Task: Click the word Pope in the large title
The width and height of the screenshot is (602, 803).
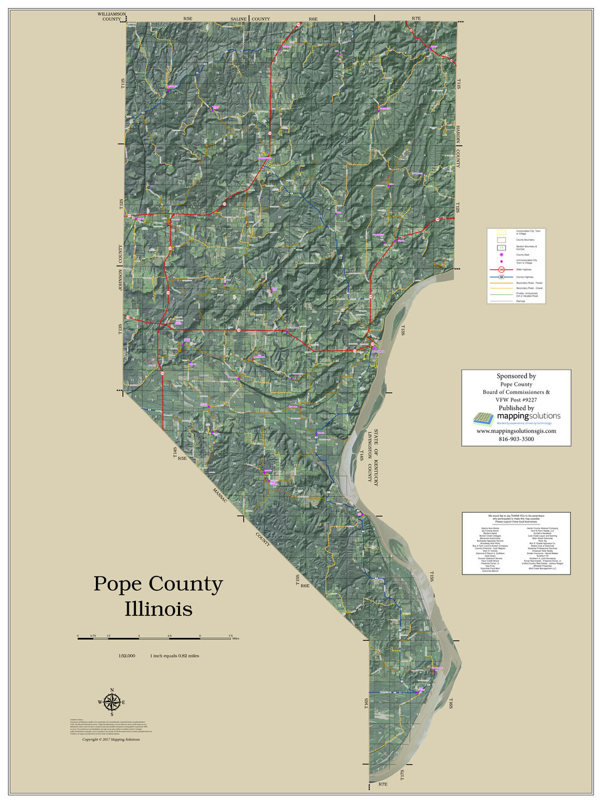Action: (119, 584)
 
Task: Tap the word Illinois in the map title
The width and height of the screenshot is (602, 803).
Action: (158, 609)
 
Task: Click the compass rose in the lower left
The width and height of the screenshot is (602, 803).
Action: (112, 702)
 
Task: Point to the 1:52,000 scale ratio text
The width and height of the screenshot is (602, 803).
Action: (127, 656)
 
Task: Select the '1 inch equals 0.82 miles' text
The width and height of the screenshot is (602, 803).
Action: (174, 656)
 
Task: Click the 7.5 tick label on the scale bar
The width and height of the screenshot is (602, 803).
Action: (230, 635)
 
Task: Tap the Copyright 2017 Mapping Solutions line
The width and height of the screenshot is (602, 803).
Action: (111, 740)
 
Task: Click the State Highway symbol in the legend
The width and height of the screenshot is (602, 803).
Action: (501, 269)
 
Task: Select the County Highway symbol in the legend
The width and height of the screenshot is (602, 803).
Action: (501, 277)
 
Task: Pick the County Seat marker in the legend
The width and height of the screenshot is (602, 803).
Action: (501, 254)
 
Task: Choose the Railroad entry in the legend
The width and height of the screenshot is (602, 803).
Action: (501, 300)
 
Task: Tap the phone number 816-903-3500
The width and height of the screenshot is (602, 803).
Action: (516, 439)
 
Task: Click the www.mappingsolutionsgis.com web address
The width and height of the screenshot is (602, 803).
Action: (516, 431)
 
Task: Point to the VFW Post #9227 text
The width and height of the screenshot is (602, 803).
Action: (516, 400)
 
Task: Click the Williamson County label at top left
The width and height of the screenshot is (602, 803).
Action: (112, 16)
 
